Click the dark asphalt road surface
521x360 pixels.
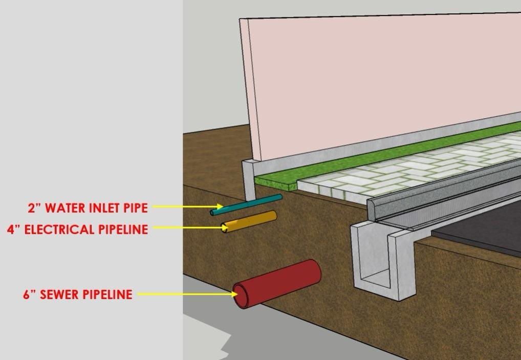[481, 230]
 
